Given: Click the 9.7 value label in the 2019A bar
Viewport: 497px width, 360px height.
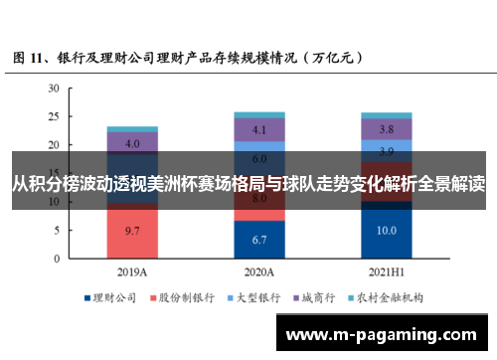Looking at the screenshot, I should click(x=132, y=230).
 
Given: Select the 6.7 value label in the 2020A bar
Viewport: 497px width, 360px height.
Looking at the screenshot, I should click(x=259, y=240).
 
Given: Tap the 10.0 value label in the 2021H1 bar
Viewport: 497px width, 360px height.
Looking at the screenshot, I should click(x=388, y=231).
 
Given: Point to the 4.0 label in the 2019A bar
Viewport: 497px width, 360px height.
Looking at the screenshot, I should click(x=132, y=142).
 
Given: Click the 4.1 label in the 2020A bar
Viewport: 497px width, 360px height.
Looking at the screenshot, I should click(x=259, y=129).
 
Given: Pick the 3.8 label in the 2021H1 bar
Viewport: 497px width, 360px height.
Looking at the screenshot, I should click(x=388, y=129).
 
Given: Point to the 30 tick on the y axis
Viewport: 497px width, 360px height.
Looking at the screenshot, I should click(x=54, y=88).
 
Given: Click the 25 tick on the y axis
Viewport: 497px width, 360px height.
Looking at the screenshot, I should click(x=54, y=116).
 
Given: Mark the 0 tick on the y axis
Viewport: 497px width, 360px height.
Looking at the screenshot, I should click(x=57, y=259).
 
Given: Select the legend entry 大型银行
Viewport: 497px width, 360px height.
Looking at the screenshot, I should click(x=258, y=297).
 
